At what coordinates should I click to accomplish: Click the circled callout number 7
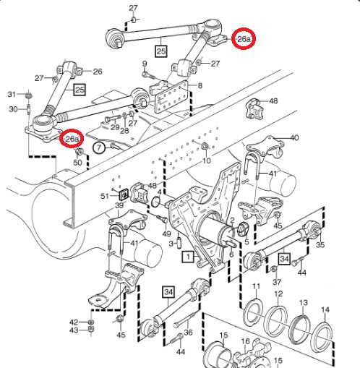tap(99, 147)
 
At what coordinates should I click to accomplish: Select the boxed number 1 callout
tap(188, 257)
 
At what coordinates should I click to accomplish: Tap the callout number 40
tap(294, 138)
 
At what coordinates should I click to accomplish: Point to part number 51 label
tap(105, 196)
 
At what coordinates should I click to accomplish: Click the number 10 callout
tap(207, 161)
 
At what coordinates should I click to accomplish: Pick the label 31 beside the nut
tap(12, 94)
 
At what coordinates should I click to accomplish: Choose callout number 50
tap(77, 163)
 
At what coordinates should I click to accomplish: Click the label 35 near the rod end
tap(320, 245)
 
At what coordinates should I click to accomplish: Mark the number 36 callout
tap(188, 333)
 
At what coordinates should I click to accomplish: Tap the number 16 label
tap(246, 341)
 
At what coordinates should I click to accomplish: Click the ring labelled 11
tap(253, 313)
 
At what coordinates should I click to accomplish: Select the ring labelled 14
tap(275, 321)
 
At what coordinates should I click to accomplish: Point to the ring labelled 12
tap(299, 330)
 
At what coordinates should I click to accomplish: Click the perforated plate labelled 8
tap(323, 337)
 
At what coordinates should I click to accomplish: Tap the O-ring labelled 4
tap(156, 202)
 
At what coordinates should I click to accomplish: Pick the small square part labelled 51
tap(124, 194)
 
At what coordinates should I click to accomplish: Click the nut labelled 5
tap(242, 230)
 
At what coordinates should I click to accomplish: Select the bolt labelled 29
tap(112, 119)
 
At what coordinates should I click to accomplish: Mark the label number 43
tap(74, 330)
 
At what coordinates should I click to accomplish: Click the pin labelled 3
tap(179, 243)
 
